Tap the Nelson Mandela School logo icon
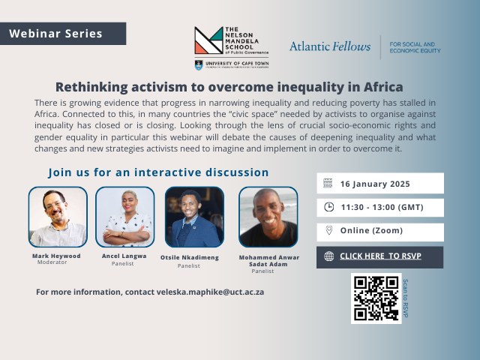pos(208,41)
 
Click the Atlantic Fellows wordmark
pos(330,46)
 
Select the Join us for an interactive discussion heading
pos(158,172)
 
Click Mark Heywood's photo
pos(58,217)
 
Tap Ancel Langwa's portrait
pos(124,217)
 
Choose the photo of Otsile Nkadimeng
pos(194,217)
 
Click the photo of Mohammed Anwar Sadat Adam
pos(268,217)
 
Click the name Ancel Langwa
pos(124,256)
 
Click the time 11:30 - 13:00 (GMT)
pos(379,207)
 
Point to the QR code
pos(376,298)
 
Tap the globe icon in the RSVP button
pos(328,256)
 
